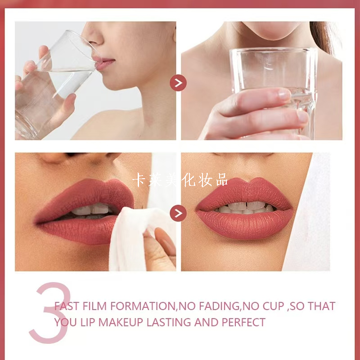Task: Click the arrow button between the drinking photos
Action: coord(178,83)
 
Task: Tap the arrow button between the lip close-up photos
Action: coord(178,213)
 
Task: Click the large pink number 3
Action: coord(50,313)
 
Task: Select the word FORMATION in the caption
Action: coord(142,306)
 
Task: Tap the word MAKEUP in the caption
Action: coord(121,322)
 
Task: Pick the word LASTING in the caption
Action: coord(169,322)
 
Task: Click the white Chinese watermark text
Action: coord(180,180)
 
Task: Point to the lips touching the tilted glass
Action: coord(104,63)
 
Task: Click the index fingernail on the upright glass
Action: coord(285,94)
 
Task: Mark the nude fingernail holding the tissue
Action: coord(165,241)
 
